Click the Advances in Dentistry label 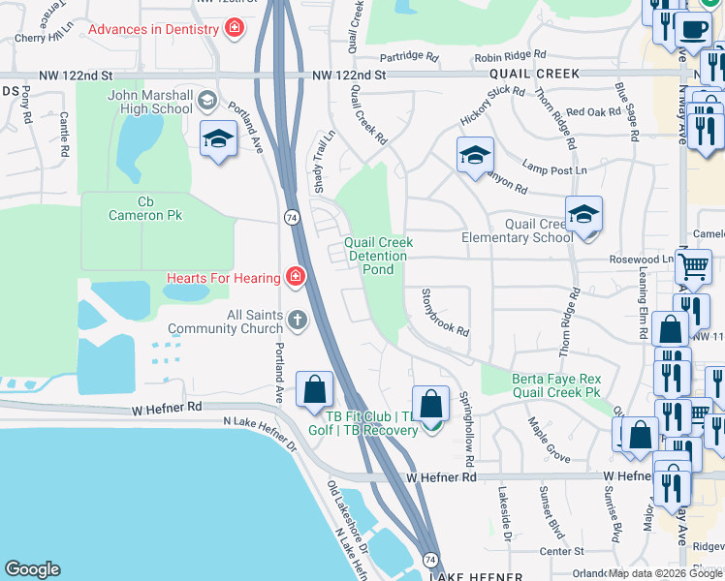point(153,29)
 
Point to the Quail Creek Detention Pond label point(379,256)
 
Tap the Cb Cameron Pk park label point(146,208)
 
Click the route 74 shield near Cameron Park point(291,218)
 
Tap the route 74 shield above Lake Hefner point(430,561)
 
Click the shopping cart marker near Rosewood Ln point(693,265)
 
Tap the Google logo point(32,569)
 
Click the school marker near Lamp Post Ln point(475,155)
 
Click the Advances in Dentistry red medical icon point(234,28)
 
